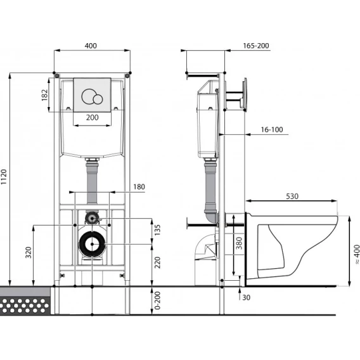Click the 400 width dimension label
click(91, 46)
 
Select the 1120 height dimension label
click(4, 177)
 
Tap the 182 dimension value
click(44, 95)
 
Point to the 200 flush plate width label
click(93, 117)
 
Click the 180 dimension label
click(139, 187)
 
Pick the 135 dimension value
click(157, 230)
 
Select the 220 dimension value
click(157, 262)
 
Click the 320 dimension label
click(29, 252)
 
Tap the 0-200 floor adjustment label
click(157, 300)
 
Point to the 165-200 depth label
click(256, 46)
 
